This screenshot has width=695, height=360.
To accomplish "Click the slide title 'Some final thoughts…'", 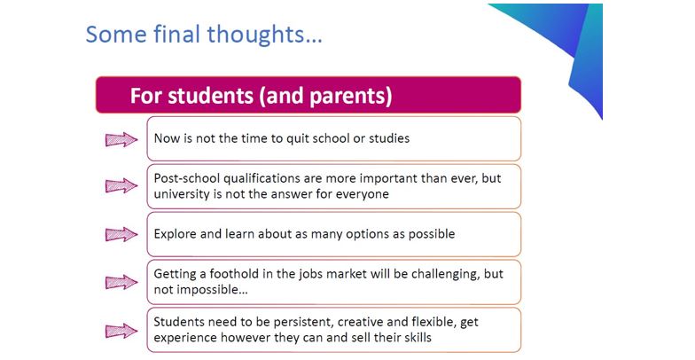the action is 204,34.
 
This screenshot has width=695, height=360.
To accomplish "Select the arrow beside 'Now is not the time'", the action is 121,139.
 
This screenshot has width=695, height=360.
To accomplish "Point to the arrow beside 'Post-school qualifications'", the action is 121,186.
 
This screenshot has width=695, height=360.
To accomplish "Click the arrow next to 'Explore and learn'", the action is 121,234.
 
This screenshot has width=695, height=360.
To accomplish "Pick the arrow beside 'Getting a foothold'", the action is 121,282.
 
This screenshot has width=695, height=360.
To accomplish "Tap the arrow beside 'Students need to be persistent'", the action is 121,330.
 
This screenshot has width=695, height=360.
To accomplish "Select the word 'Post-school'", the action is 186,178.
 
